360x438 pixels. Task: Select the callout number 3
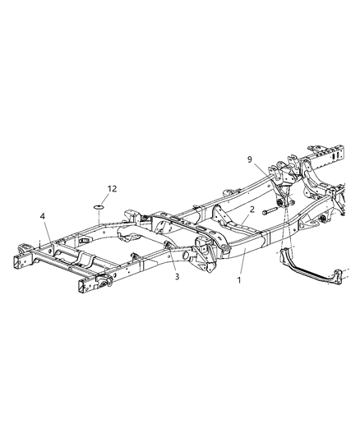[177, 277]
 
